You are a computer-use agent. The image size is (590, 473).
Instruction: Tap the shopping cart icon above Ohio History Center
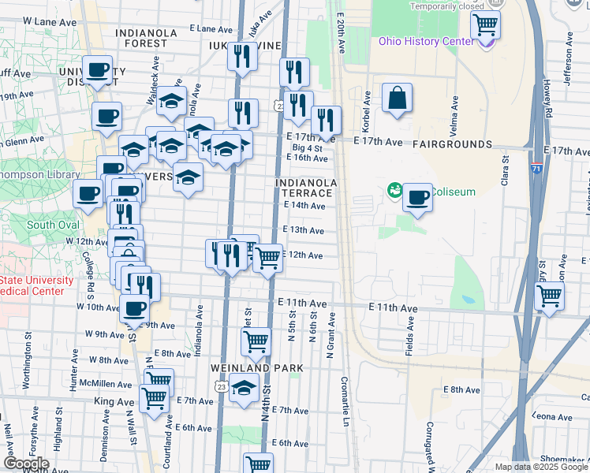tap(486, 24)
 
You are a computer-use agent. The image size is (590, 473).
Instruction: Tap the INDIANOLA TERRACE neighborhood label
tap(306, 188)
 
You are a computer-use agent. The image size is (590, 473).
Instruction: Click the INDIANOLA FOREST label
tap(147, 39)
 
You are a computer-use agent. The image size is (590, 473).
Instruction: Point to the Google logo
tap(26, 464)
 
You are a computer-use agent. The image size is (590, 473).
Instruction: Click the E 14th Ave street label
tap(304, 206)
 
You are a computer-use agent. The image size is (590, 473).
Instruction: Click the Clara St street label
tap(506, 173)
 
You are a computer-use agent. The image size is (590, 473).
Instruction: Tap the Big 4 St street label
tap(308, 147)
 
